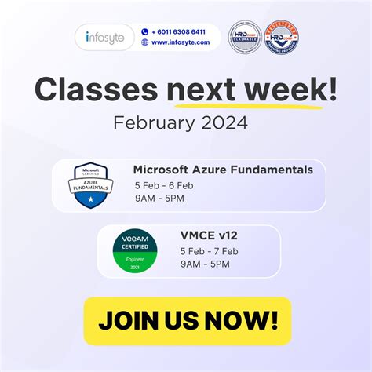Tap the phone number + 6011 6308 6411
[180, 32]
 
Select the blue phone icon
[145, 32]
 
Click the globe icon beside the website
[145, 42]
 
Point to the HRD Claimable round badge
[244, 36]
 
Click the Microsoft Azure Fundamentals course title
[223, 170]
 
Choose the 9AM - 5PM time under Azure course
[159, 199]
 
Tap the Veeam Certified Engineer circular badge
[134, 252]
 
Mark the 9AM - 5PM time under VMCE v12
[206, 264]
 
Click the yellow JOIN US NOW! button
[187, 320]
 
